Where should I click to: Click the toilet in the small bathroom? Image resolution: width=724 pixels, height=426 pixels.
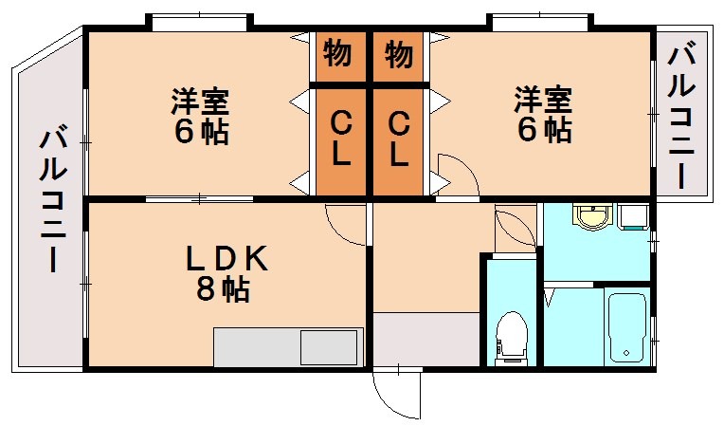click(x=513, y=336)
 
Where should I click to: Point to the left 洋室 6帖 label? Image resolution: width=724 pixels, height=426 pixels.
click(x=200, y=116)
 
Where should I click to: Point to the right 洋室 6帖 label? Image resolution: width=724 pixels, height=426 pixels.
click(x=543, y=115)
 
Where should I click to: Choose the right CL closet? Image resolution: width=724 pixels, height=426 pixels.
click(x=399, y=138)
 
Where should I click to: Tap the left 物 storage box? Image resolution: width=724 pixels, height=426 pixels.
click(x=338, y=55)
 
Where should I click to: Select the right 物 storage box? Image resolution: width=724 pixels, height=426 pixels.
click(x=399, y=55)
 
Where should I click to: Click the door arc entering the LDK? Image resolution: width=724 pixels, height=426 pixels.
click(x=345, y=224)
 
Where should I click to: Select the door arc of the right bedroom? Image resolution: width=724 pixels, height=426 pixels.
click(x=456, y=177)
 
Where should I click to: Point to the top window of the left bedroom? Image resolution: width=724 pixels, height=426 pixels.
click(x=200, y=21)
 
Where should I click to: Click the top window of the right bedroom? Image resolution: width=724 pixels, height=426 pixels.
click(x=541, y=21)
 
